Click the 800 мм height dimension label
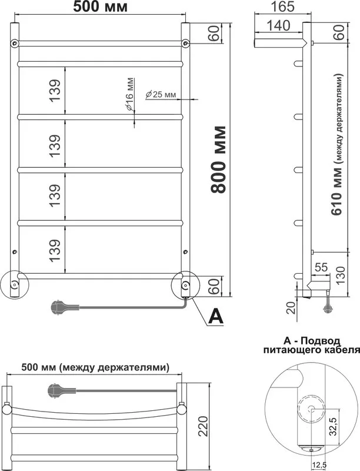(x=218, y=160)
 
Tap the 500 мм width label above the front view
(x=100, y=6)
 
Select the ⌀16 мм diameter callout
(x=129, y=95)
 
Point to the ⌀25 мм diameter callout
(x=161, y=95)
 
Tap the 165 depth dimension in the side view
(x=282, y=6)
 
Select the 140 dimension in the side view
(x=278, y=26)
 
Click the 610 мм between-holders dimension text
(x=337, y=144)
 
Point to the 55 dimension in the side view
(x=321, y=267)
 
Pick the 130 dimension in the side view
(x=340, y=273)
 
